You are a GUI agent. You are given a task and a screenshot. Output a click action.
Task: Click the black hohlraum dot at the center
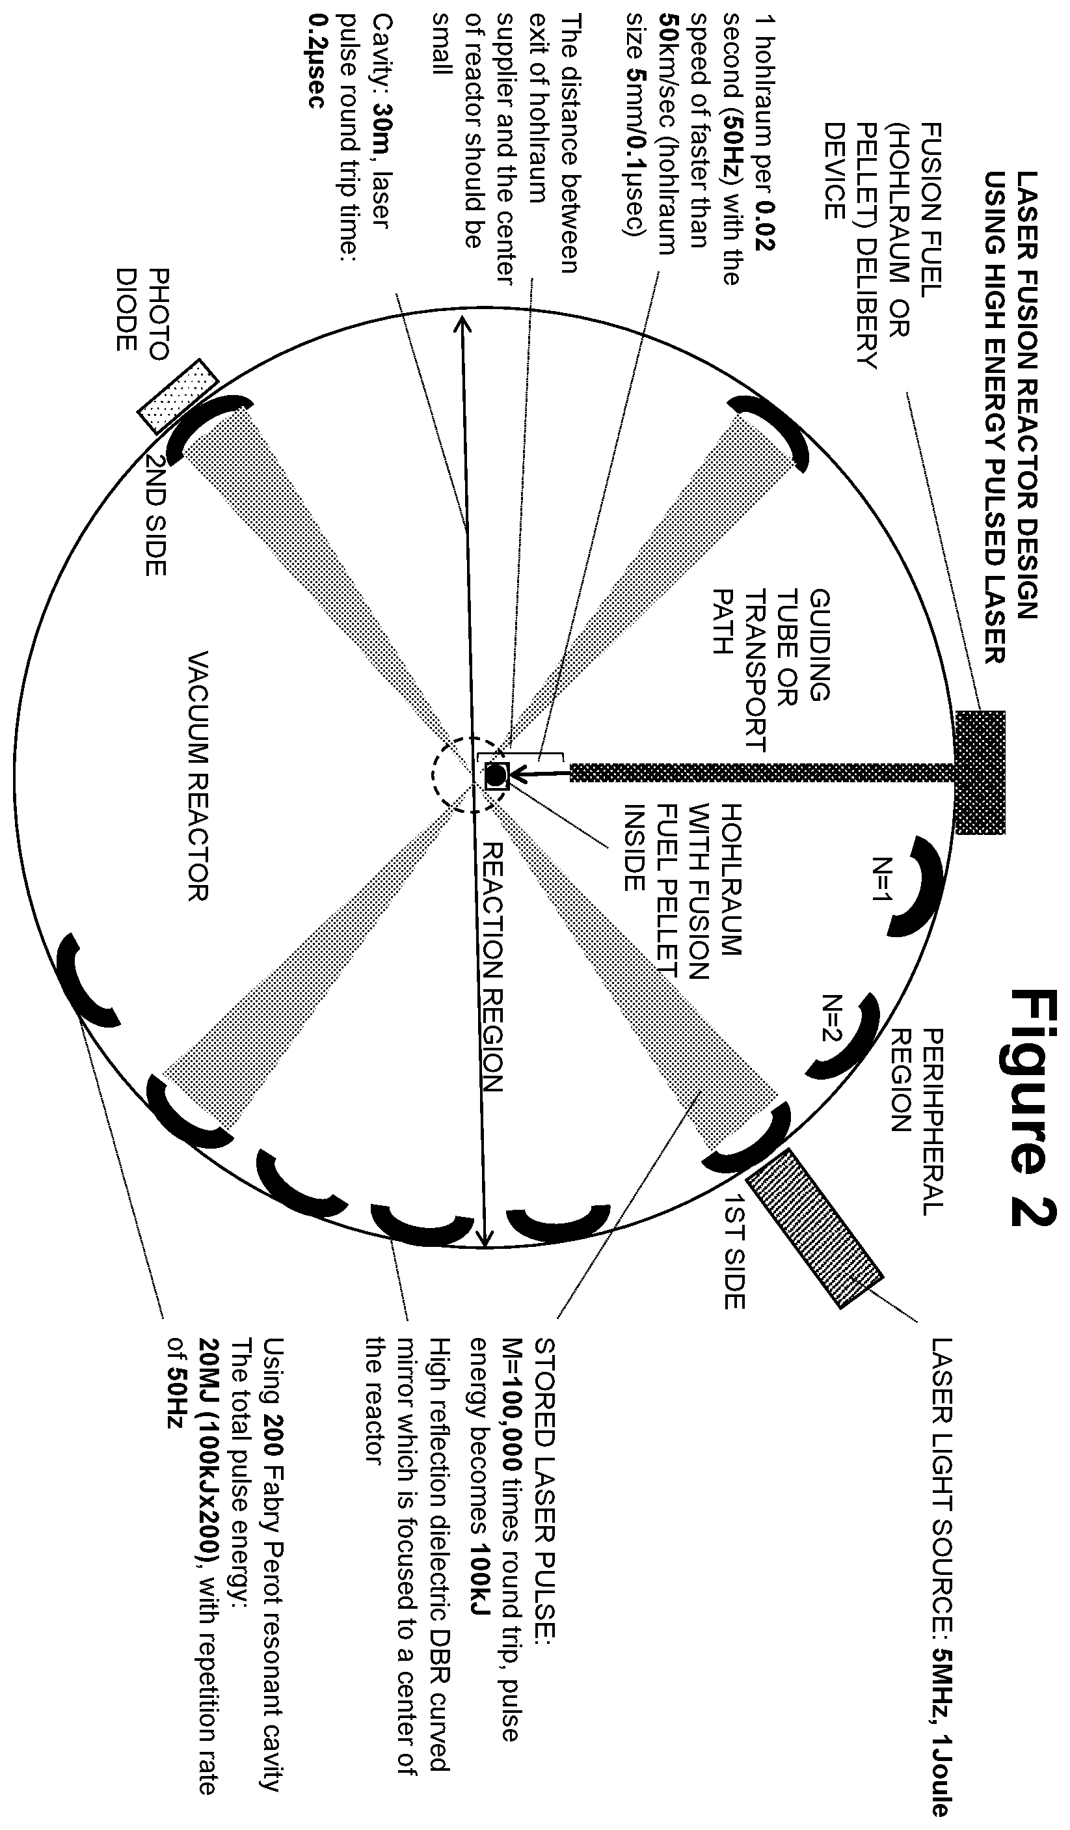495,776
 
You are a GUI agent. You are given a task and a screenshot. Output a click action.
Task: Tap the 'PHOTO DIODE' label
142,310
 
